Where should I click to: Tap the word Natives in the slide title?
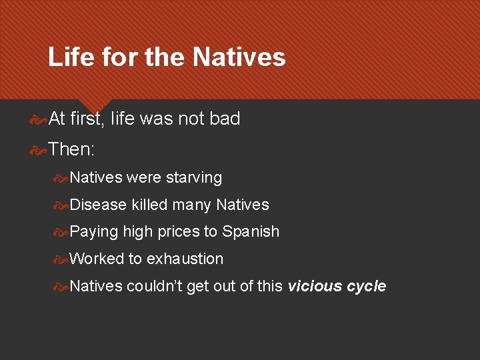coord(239,57)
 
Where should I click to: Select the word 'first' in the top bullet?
coord(86,119)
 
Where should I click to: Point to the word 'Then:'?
coord(71,149)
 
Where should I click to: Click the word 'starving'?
coord(193,178)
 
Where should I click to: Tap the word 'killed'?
coord(149,205)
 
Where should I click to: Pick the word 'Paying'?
coord(94,232)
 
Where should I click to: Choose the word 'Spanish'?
coord(251,231)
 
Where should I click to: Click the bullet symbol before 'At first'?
coord(39,119)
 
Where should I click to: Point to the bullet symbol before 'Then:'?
coord(39,149)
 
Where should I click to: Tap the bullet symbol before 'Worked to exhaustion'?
coord(61,259)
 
